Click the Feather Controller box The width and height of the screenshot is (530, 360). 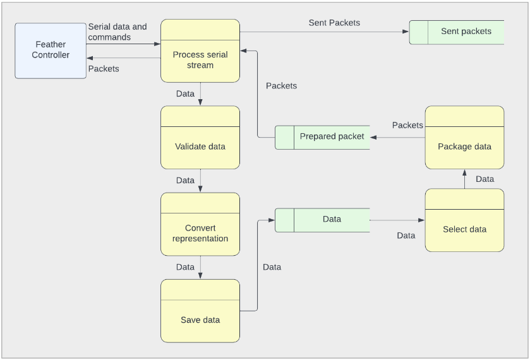coord(51,51)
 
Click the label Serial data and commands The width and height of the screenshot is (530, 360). coord(117,32)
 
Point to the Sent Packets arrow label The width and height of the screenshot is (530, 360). coord(334,23)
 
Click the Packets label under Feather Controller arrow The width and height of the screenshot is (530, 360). coord(104,69)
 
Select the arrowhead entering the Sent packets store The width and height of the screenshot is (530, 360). coord(406,32)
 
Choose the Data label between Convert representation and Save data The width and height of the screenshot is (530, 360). coord(185,267)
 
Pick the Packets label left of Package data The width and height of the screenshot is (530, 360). coord(407,126)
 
